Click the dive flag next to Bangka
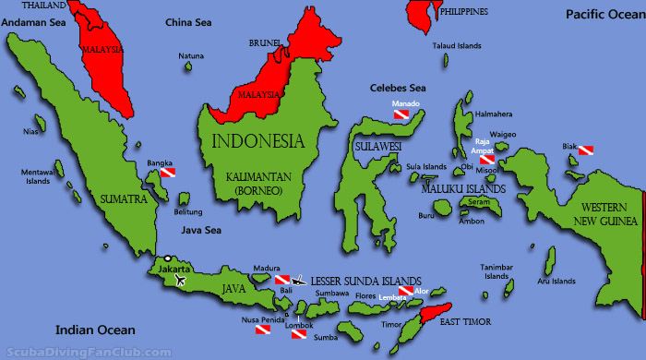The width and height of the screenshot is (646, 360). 168,173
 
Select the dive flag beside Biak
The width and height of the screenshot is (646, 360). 586,150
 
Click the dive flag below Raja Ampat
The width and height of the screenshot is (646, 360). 487,160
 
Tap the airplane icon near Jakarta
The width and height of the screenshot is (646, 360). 179,280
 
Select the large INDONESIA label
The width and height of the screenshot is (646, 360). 257,142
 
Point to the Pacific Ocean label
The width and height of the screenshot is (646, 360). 603,13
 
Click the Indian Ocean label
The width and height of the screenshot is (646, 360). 95,330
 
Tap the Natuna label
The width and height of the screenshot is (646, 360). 191,56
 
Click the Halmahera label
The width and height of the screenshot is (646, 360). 492,114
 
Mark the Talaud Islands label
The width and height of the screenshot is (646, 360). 457,44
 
